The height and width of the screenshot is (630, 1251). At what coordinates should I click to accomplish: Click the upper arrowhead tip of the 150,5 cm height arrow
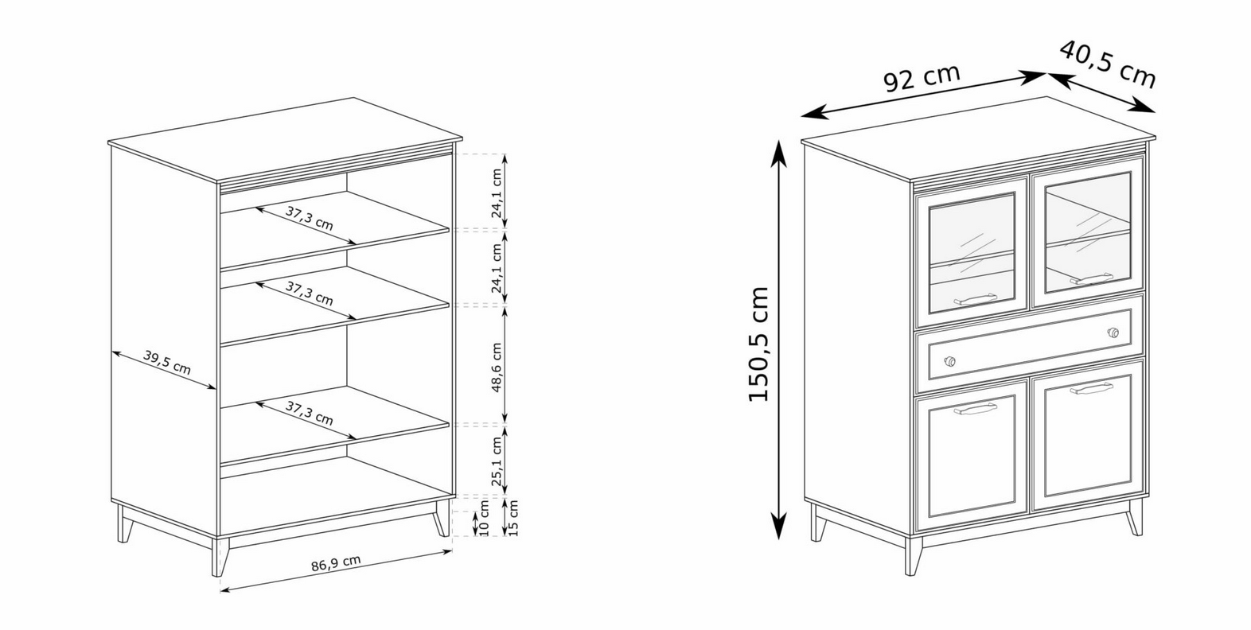pyautogui.click(x=778, y=141)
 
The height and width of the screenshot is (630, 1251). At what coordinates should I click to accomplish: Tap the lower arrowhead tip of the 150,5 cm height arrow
pyautogui.click(x=778, y=539)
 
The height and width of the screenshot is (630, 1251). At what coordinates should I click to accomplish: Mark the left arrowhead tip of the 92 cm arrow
pyautogui.click(x=801, y=116)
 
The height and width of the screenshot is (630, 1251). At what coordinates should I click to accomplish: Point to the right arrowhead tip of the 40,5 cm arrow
pyautogui.click(x=1155, y=112)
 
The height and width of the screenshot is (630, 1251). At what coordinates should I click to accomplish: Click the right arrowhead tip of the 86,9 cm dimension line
pyautogui.click(x=452, y=550)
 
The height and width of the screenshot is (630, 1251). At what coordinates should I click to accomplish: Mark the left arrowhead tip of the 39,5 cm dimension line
pyautogui.click(x=112, y=352)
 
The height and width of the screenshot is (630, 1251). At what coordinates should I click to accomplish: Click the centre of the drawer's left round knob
pyautogui.click(x=950, y=361)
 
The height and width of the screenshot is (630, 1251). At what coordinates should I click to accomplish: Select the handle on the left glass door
pyautogui.click(x=975, y=299)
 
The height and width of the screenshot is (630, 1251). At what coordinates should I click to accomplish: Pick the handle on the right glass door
pyautogui.click(x=1091, y=278)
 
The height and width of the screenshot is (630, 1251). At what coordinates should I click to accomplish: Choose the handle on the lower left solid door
pyautogui.click(x=975, y=409)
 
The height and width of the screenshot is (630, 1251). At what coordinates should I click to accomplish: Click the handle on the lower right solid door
pyautogui.click(x=1091, y=388)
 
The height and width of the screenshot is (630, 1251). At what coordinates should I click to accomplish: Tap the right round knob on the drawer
pyautogui.click(x=1113, y=332)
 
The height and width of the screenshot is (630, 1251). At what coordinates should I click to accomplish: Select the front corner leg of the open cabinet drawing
pyautogui.click(x=220, y=556)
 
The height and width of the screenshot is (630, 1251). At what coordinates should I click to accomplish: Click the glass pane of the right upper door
pyautogui.click(x=1088, y=232)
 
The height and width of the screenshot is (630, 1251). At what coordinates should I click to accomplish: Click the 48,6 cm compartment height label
pyautogui.click(x=497, y=367)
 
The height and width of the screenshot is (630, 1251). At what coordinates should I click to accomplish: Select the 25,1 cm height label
pyautogui.click(x=497, y=461)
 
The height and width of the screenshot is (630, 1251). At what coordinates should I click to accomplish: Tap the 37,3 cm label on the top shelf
pyautogui.click(x=309, y=218)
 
